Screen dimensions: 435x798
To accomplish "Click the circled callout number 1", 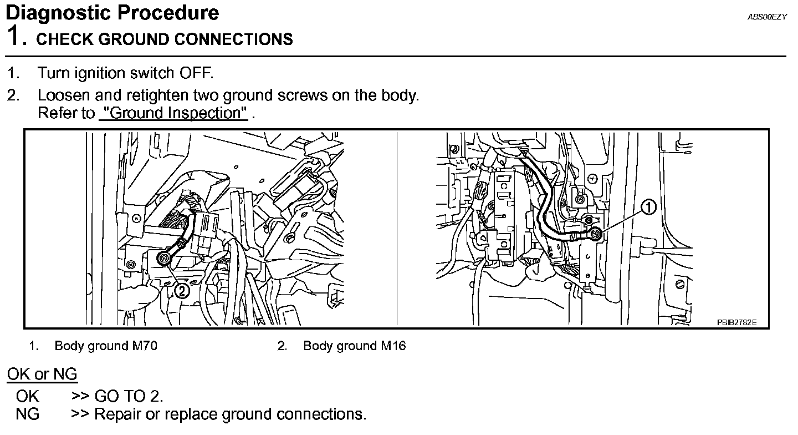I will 648,208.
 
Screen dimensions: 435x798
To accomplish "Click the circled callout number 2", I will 182,290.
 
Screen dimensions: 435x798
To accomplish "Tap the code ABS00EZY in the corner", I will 767,17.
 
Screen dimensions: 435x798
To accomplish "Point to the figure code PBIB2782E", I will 736,322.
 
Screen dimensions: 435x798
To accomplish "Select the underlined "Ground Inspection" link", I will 173,113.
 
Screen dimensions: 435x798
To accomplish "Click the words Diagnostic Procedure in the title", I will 112,13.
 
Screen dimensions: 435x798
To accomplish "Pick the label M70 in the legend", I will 144,346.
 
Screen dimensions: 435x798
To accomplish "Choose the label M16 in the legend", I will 393,346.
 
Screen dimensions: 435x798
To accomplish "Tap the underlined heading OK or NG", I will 42,375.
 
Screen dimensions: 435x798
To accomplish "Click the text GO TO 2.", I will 129,396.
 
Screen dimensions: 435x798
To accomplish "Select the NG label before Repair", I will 28,414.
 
